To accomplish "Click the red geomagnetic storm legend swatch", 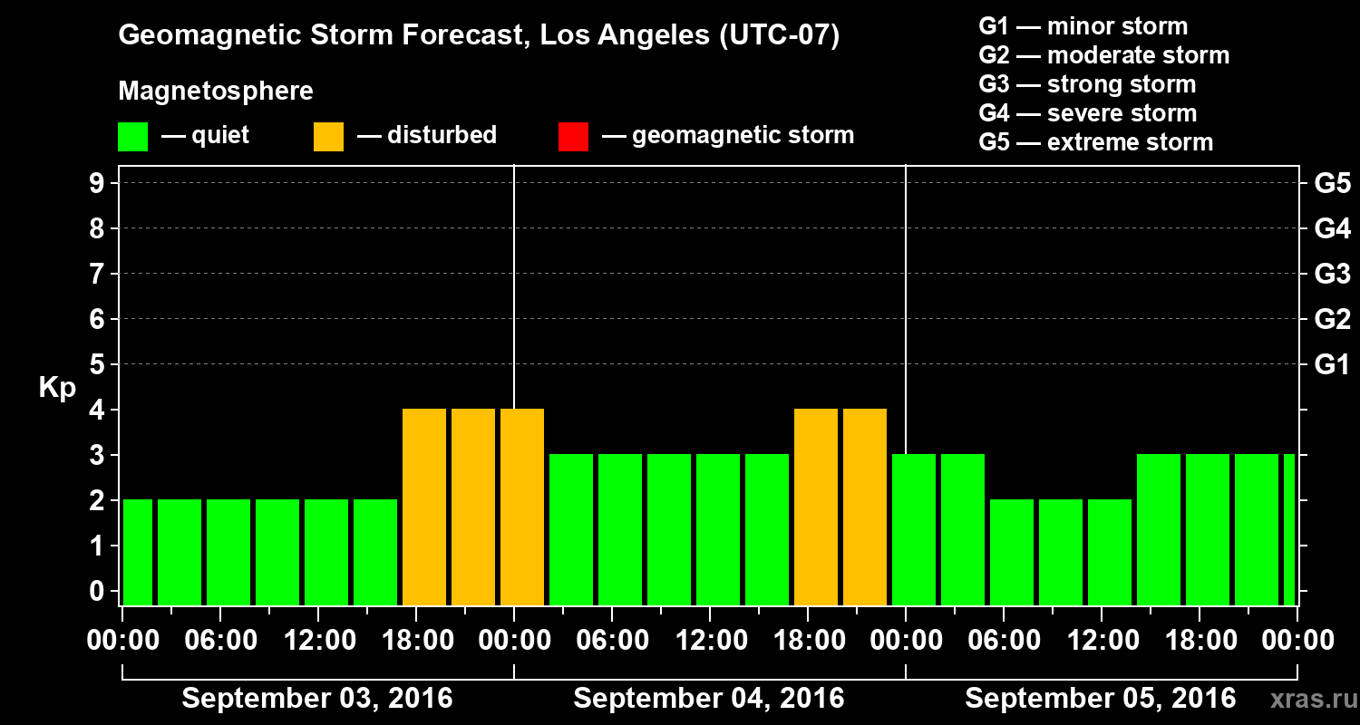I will pyautogui.click(x=573, y=137).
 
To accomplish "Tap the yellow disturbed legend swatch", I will pyautogui.click(x=328, y=137).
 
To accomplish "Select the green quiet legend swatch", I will pyautogui.click(x=132, y=137).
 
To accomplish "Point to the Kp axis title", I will pyautogui.click(x=57, y=388).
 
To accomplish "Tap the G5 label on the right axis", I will pyautogui.click(x=1332, y=184).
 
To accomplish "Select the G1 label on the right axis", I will pyautogui.click(x=1332, y=365).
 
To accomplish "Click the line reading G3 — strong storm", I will pyautogui.click(x=1087, y=84).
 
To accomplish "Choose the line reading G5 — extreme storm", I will pyautogui.click(x=1095, y=142).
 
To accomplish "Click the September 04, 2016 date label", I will pyautogui.click(x=709, y=699).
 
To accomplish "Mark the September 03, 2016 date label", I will pyautogui.click(x=317, y=699).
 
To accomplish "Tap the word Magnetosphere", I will pyautogui.click(x=216, y=92).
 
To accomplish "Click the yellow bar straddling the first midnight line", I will pyautogui.click(x=522, y=507).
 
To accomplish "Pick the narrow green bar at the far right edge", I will pyautogui.click(x=1289, y=529).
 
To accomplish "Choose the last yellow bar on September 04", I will pyautogui.click(x=865, y=507).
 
